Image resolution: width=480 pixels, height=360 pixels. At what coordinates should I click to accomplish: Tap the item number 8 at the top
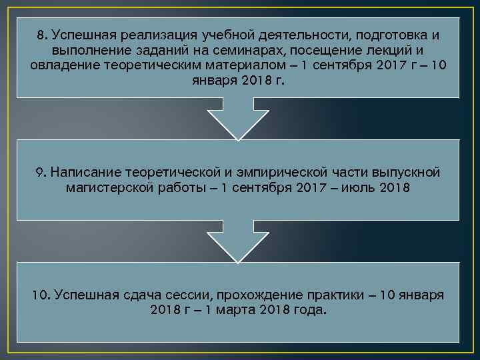[43, 35]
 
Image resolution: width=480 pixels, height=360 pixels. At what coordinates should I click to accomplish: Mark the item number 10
[42, 295]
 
